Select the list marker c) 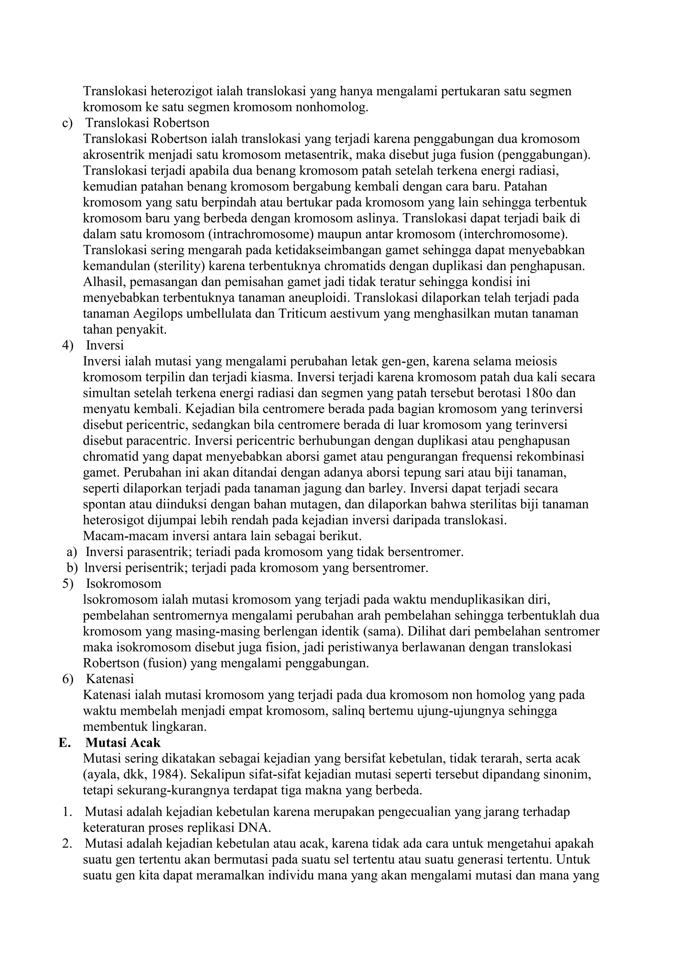pyautogui.click(x=68, y=123)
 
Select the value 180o pyautogui.click(x=543, y=393)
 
